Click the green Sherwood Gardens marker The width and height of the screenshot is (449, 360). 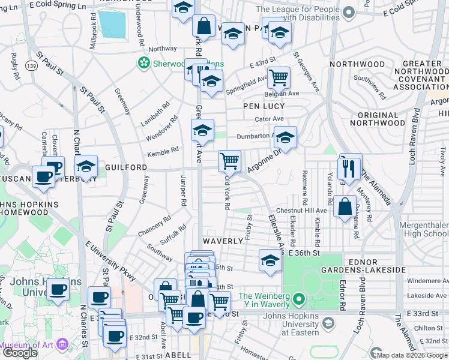143,62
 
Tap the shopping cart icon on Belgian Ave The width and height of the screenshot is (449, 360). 279,77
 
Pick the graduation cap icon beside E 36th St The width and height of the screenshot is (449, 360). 270,260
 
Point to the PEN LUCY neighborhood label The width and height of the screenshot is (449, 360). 263,106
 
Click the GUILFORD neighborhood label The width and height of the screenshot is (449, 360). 126,167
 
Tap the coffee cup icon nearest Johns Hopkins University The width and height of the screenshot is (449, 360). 58,290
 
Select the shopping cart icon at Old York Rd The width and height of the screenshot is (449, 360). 229,161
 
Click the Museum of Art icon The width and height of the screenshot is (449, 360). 62,345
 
